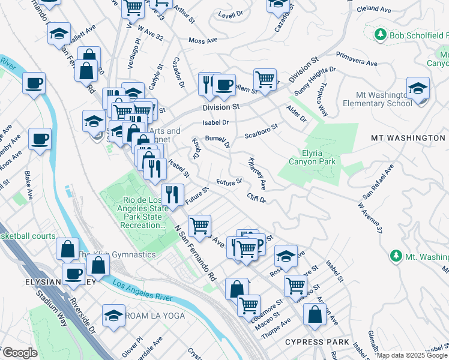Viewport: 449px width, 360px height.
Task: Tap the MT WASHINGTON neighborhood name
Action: coord(408,138)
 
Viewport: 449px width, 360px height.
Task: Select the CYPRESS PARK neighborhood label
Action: coord(318,342)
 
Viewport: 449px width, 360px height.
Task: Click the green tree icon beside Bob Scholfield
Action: coord(379,36)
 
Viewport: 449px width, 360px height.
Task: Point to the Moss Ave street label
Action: coord(202,41)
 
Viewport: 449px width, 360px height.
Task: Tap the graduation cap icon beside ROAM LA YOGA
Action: coord(113,315)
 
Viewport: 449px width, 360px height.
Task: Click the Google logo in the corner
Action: coord(20,353)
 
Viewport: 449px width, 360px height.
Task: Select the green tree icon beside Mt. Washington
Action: coord(395,257)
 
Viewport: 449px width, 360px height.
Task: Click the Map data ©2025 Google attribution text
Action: coord(412,355)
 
